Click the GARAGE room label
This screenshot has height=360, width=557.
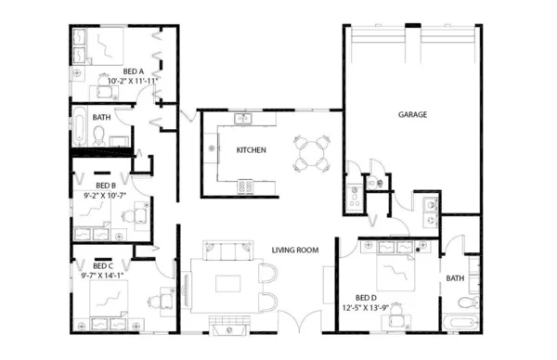point(412,115)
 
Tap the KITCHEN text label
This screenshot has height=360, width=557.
point(252,149)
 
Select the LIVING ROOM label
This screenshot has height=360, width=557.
point(295,250)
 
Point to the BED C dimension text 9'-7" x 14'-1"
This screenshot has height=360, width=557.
point(102,275)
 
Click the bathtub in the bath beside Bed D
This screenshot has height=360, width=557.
point(460,322)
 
